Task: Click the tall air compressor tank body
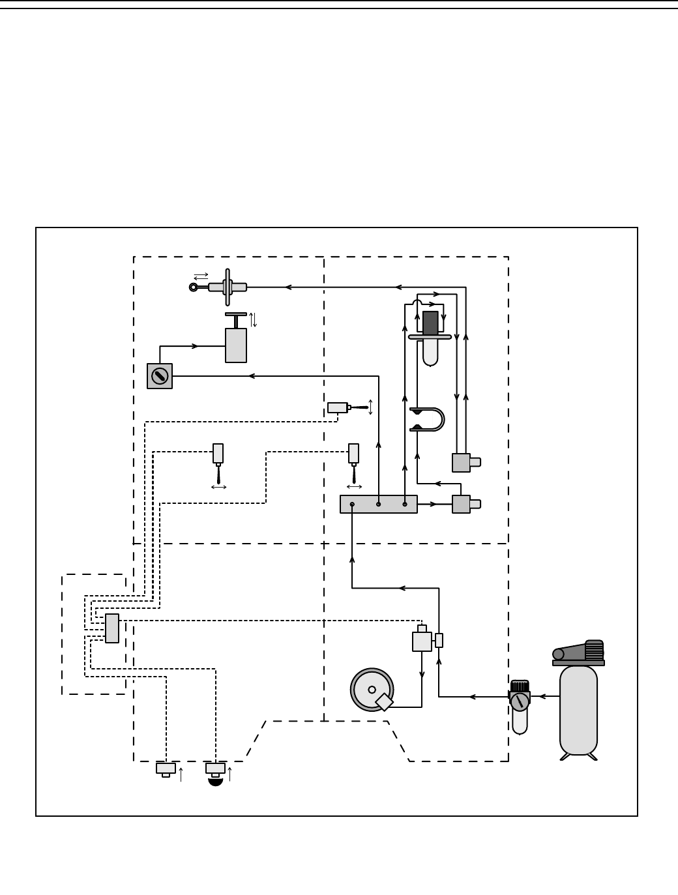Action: (578, 711)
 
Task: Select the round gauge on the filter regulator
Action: (520, 701)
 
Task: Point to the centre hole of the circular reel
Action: (372, 690)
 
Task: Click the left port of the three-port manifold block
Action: (352, 504)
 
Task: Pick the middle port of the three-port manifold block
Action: (378, 504)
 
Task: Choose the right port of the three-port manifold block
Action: (405, 504)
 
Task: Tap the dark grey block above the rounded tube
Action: (430, 323)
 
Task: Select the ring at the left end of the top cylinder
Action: (193, 287)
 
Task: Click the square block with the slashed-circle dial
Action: (160, 376)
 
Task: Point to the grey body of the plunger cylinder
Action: (236, 345)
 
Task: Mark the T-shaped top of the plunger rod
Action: (236, 315)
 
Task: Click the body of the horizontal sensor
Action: (337, 407)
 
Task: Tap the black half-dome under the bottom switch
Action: (216, 782)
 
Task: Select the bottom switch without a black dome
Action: (166, 769)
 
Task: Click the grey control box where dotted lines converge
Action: (112, 628)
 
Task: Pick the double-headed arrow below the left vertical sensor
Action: (218, 487)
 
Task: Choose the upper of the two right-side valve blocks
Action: (461, 463)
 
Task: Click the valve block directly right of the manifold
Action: (461, 504)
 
